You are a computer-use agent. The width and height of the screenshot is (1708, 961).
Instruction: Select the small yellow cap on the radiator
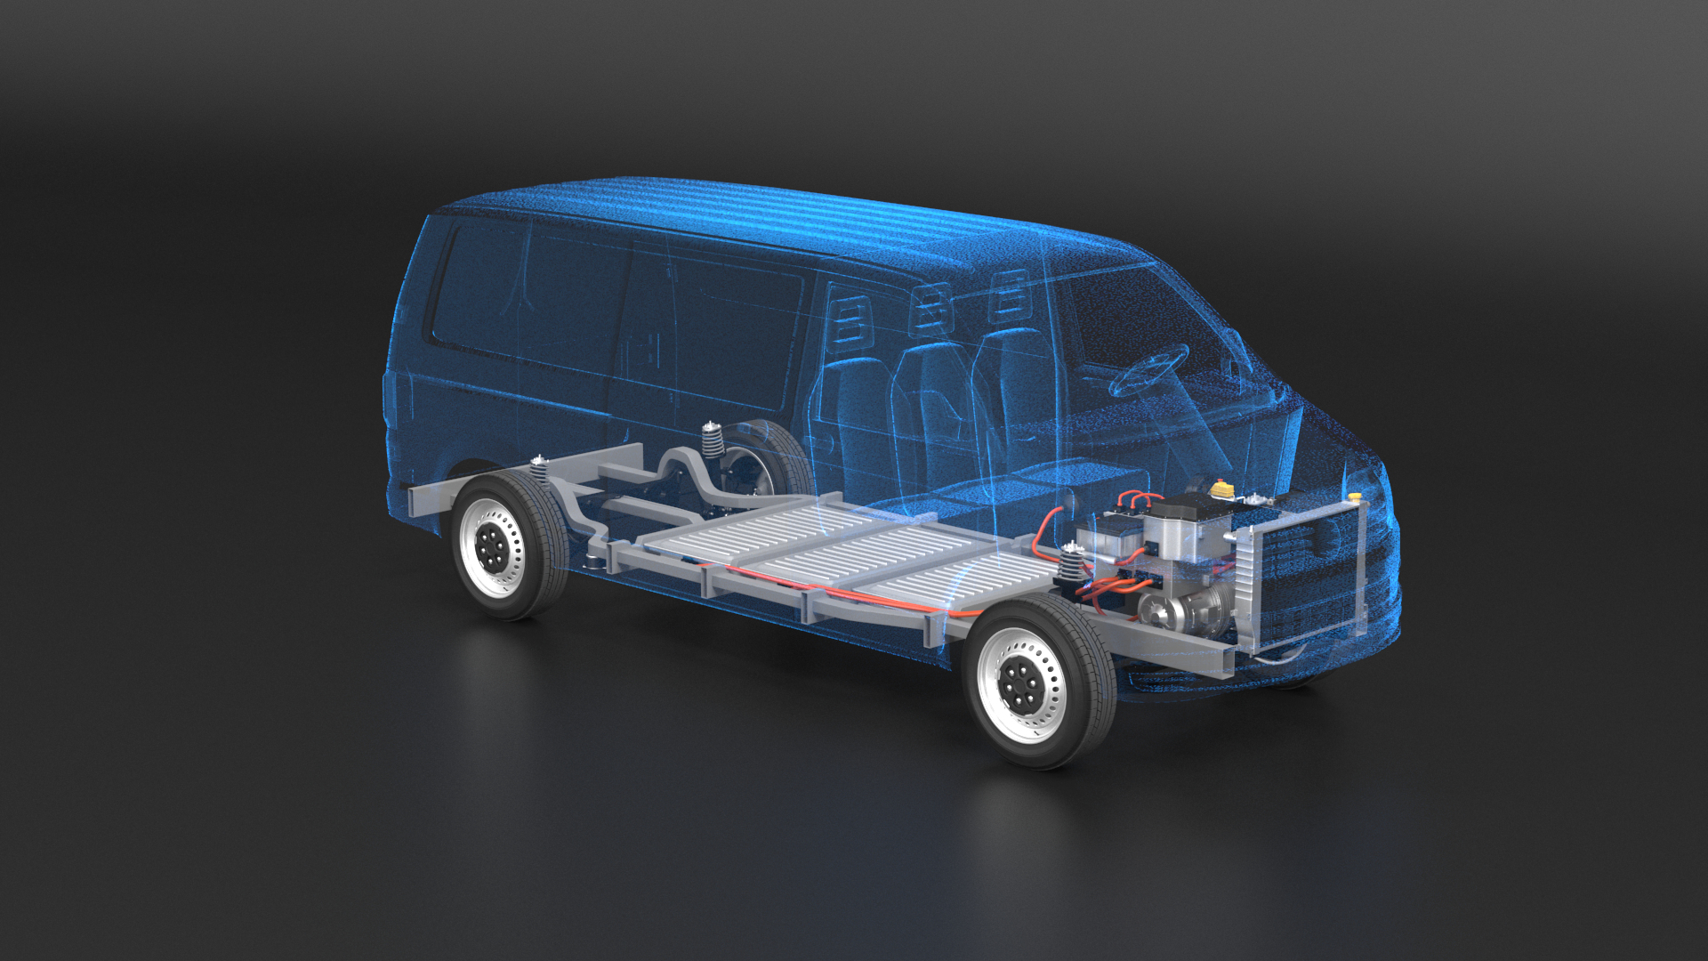click(1354, 496)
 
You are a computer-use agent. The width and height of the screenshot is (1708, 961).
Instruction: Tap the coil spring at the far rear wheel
click(711, 440)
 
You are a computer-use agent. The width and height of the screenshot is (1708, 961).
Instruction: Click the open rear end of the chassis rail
click(417, 502)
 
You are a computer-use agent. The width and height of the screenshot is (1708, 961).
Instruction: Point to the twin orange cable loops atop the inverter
click(1139, 499)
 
